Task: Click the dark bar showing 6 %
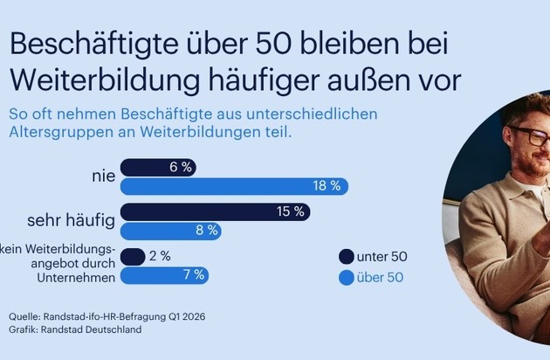pyautogui.click(x=158, y=167)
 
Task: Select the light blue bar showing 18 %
pyautogui.click(x=234, y=186)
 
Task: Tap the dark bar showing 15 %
pyautogui.click(x=214, y=211)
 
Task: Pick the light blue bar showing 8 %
pyautogui.click(x=170, y=231)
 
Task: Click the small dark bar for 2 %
pyautogui.click(x=133, y=257)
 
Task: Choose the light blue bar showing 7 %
pyautogui.click(x=165, y=275)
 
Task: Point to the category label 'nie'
pyautogui.click(x=104, y=177)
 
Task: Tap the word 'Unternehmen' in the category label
pyautogui.click(x=73, y=278)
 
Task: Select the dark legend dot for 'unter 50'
pyautogui.click(x=346, y=257)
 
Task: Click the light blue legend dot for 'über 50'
pyautogui.click(x=346, y=279)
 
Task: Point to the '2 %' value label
pyautogui.click(x=160, y=257)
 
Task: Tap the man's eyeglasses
pyautogui.click(x=528, y=137)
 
